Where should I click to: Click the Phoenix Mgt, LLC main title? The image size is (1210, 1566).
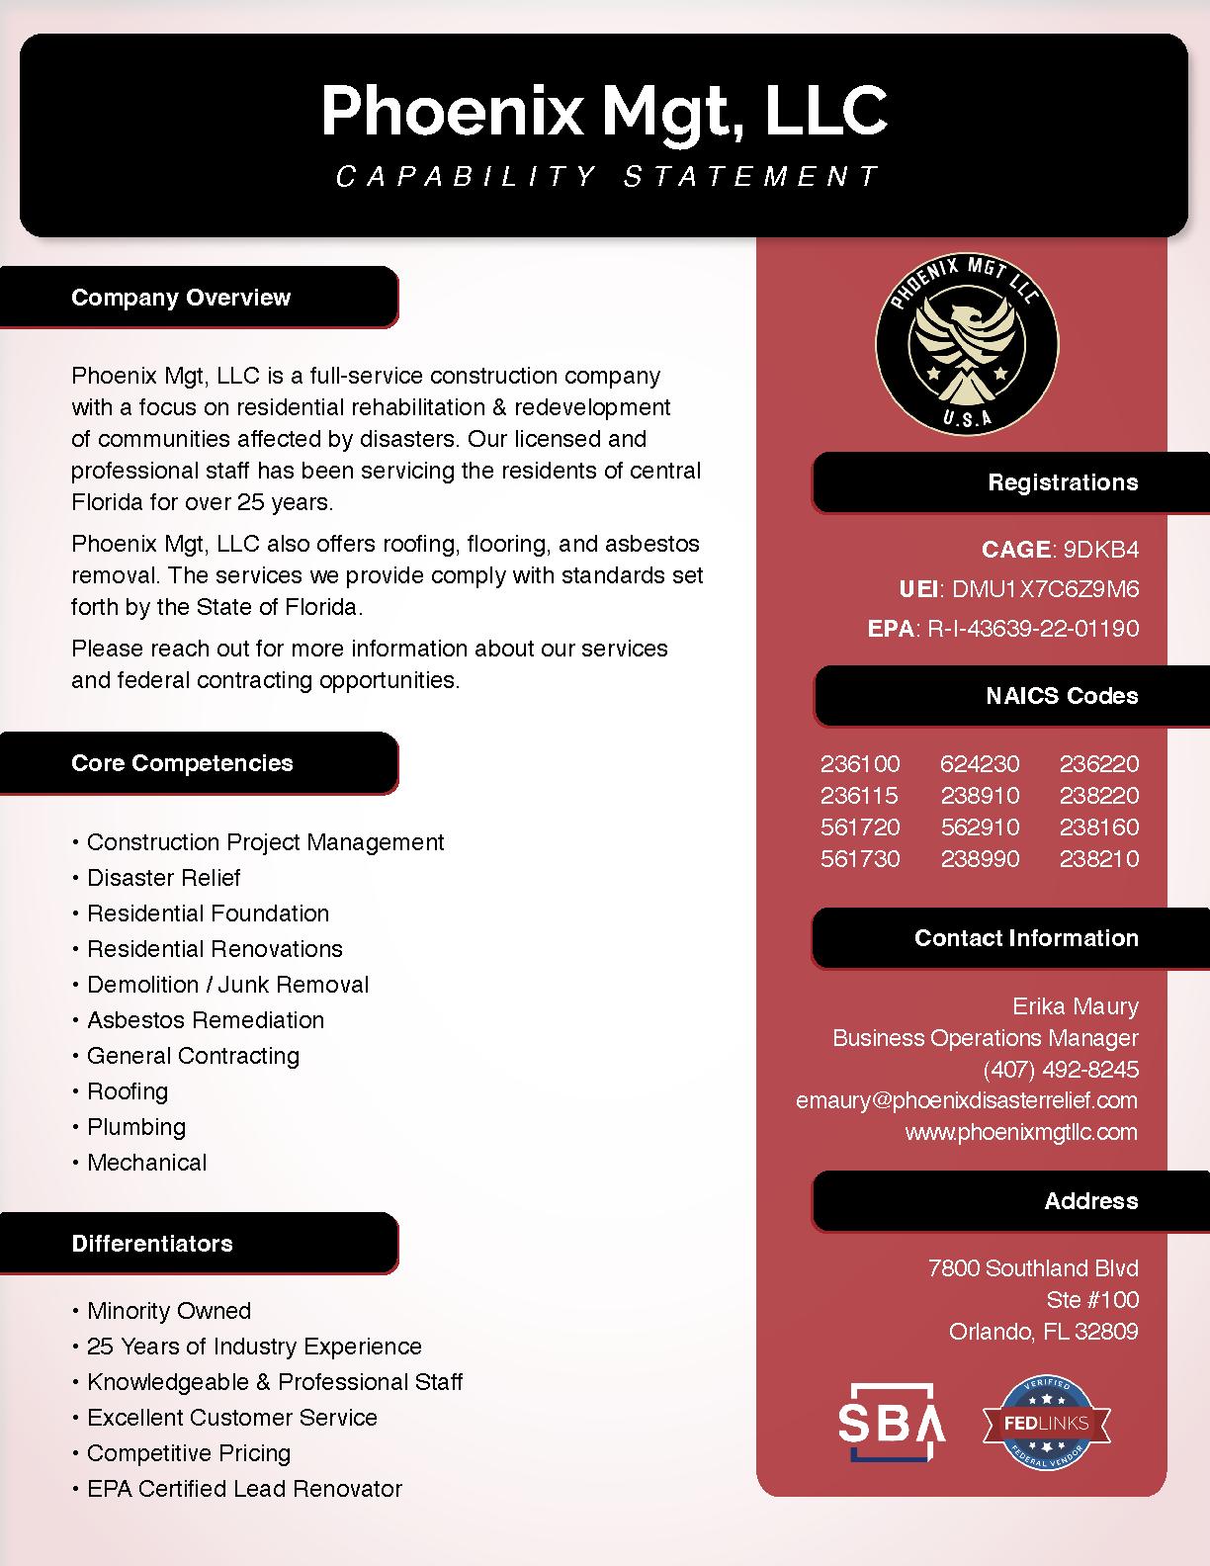tap(604, 111)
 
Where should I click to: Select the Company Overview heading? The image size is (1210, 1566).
tap(181, 298)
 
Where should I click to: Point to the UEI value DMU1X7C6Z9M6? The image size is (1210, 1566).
tap(1044, 589)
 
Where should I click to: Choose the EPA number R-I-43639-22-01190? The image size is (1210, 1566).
tap(1032, 629)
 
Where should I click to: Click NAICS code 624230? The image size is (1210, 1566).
tap(980, 764)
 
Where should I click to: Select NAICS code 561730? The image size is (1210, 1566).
tap(860, 859)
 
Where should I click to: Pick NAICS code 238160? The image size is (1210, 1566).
tap(1099, 827)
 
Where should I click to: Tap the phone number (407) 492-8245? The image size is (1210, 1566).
tap(1061, 1070)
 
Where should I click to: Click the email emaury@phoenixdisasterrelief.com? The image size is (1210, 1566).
tap(966, 1101)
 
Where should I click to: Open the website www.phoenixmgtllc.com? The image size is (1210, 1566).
tap(1021, 1133)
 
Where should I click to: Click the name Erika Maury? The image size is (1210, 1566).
tap(1075, 1006)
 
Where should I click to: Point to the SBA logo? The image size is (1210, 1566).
tap(892, 1422)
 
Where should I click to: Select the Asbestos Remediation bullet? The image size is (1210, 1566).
tap(205, 1020)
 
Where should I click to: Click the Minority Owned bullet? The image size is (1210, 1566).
tap(168, 1311)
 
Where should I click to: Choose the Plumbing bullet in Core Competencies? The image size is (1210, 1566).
tap(135, 1127)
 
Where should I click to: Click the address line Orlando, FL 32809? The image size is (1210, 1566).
tap(1043, 1332)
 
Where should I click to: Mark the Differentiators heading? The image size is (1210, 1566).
tap(152, 1244)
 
